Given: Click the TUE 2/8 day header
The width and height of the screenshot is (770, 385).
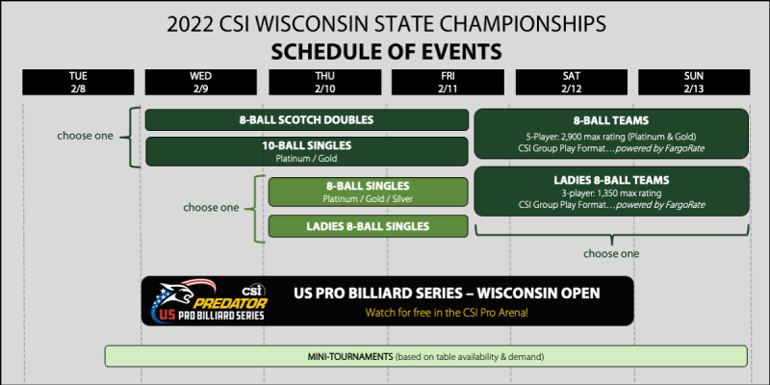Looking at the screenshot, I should point(78,82).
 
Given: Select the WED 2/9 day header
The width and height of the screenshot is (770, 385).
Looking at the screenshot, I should point(201,82).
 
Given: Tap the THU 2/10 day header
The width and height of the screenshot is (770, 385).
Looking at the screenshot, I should point(325,82).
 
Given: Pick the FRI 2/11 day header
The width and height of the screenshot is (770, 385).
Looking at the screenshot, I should point(449,82).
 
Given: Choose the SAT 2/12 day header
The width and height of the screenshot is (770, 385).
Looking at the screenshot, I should point(574,82).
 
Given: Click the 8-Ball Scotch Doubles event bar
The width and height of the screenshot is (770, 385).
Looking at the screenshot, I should point(306,120).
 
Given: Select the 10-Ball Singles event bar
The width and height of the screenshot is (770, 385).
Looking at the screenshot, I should point(306,150).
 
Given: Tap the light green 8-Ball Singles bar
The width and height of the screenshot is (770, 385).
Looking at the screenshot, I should point(369,191).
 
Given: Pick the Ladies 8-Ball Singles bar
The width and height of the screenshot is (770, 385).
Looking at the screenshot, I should point(369,226).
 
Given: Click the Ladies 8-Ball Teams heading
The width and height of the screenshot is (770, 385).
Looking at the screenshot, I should point(611,179).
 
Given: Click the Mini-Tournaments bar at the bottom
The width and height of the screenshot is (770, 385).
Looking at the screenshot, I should point(425,356).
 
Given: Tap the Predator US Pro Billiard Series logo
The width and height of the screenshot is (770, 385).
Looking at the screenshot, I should point(207,302).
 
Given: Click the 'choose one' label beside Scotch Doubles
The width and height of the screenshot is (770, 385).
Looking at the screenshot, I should point(85,136).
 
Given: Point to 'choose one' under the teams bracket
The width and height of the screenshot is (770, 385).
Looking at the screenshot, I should point(611,254).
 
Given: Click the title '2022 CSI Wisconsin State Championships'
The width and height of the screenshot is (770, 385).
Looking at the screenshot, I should point(385,22).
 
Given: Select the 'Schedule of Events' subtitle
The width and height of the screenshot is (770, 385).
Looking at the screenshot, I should point(385,49).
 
